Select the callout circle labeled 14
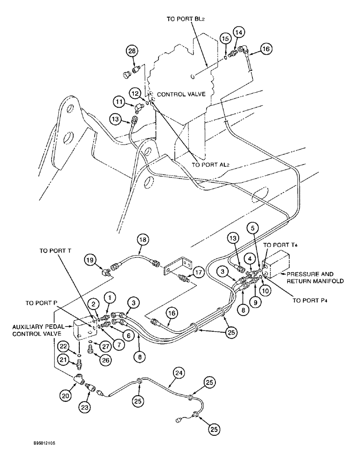[239, 33]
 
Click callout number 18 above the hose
[142, 240]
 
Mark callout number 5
[252, 229]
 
